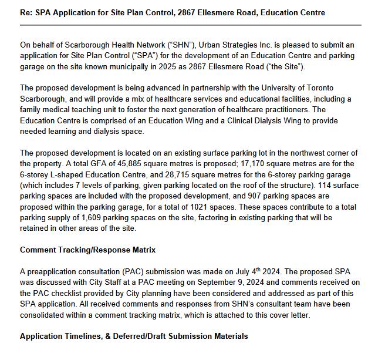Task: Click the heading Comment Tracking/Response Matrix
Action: coord(87,250)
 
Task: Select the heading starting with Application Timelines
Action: coord(133,337)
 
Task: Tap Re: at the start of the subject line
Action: coord(28,12)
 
